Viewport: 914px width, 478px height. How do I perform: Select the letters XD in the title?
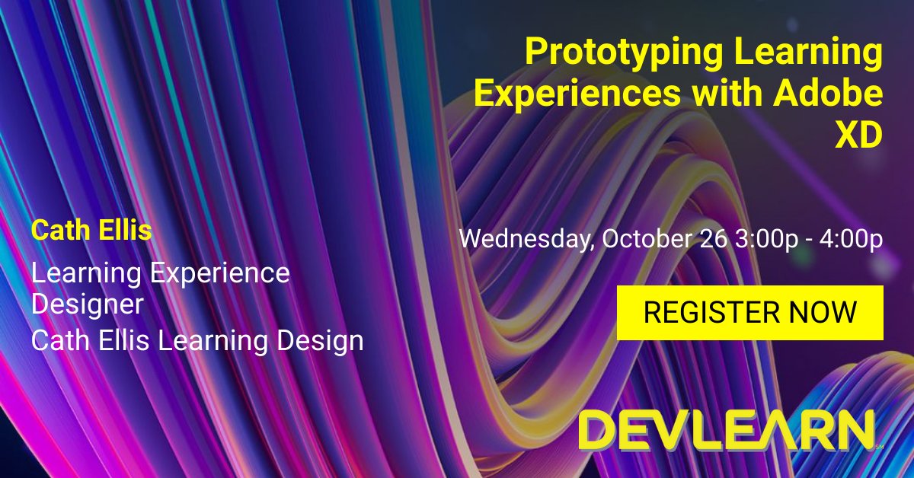coord(858,135)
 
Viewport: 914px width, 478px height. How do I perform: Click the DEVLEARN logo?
coord(726,432)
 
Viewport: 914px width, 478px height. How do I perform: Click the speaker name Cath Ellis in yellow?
coord(91,231)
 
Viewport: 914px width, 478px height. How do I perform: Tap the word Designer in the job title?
coord(88,305)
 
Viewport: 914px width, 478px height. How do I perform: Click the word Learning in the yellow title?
coord(811,55)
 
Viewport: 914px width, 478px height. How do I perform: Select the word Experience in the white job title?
coord(220,272)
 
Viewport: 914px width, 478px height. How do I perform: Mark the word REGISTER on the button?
coord(711,312)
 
